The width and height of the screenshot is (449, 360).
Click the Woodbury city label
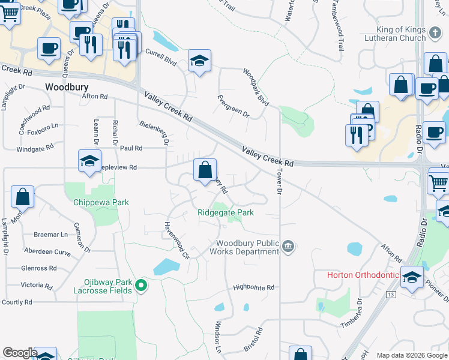(67, 87)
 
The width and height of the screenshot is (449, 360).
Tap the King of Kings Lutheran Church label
(401, 34)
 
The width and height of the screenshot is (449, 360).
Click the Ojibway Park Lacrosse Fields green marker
(141, 285)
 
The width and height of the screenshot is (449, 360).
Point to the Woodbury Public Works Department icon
(288, 247)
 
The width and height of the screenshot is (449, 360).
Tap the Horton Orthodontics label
(364, 275)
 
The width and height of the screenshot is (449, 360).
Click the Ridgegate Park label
(226, 212)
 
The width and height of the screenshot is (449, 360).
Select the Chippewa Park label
(101, 203)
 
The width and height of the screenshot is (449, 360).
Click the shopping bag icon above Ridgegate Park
(205, 170)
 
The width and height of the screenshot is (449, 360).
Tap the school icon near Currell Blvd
(199, 61)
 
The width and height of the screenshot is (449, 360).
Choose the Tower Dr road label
(279, 180)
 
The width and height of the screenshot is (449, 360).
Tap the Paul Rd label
(131, 148)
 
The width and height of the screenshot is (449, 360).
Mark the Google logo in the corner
(20, 353)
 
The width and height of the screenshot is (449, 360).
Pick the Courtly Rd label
(16, 302)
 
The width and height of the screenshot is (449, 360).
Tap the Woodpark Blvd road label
(256, 87)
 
